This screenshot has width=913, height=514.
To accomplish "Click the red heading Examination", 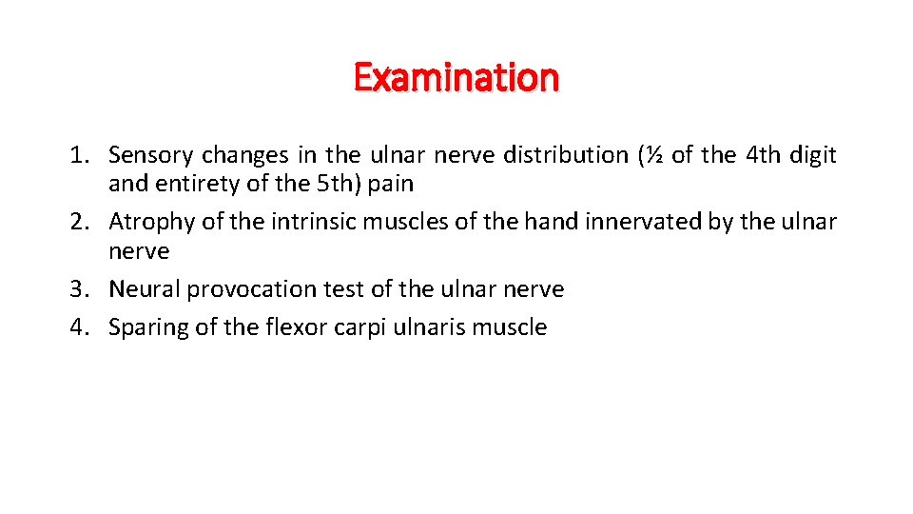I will [x=456, y=77].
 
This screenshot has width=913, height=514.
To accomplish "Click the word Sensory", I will [x=151, y=155].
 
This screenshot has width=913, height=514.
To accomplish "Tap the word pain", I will [x=391, y=184].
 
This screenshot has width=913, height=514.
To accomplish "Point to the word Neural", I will [x=144, y=289].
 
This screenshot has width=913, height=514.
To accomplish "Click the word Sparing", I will [x=149, y=327].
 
